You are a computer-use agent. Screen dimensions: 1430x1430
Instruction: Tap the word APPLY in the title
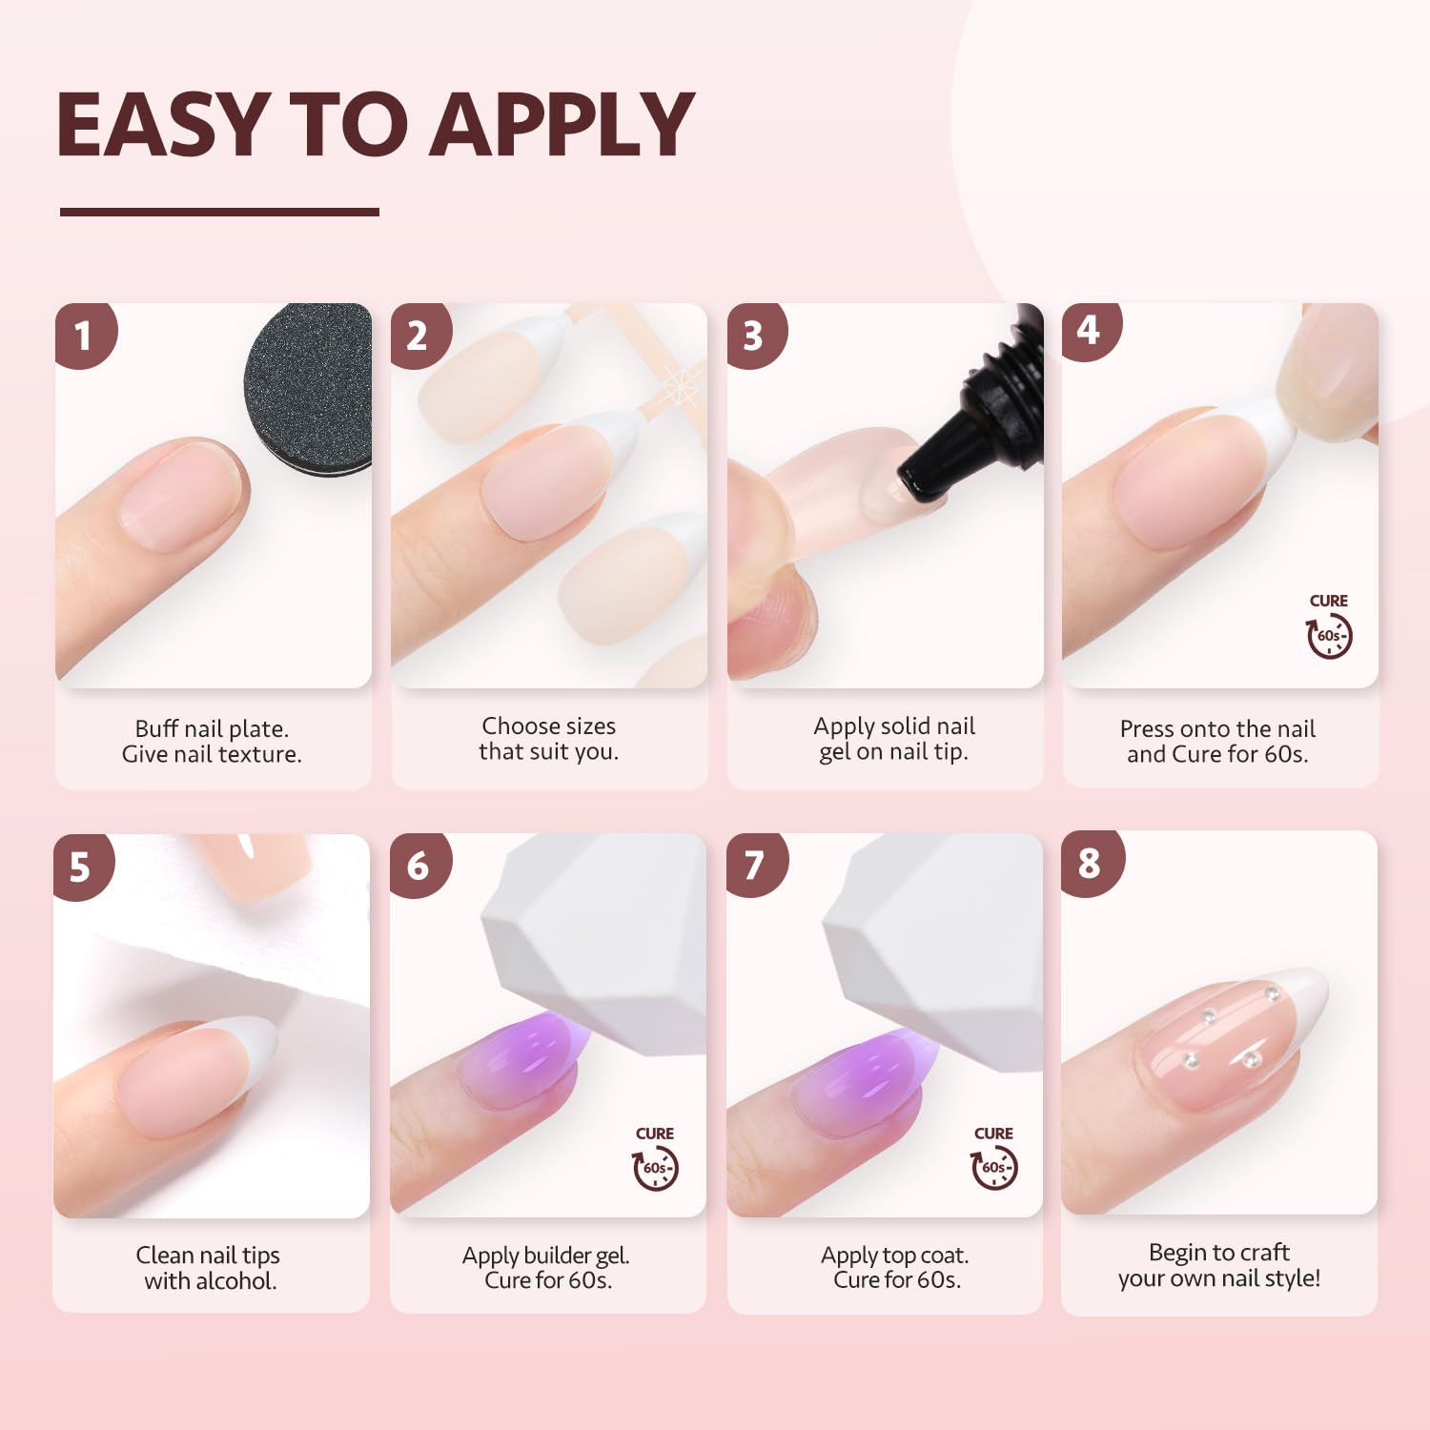pos(562,124)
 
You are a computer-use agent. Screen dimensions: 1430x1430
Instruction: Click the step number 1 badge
pos(84,335)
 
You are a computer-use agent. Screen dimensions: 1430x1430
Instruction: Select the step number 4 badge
pos(1089,330)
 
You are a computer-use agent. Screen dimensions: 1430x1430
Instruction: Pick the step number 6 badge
pos(418,865)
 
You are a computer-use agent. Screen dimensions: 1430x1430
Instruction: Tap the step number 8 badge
pos(1090,864)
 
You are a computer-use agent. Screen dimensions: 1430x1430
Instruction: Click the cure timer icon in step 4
pos(1329,635)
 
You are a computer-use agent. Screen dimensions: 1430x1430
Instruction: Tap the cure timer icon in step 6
pos(655,1168)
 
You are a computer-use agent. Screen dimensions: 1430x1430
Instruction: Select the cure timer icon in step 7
pos(993,1168)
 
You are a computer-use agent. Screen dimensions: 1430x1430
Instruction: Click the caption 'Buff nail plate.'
pos(212,728)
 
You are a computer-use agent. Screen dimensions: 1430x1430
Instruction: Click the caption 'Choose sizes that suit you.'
pos(549,739)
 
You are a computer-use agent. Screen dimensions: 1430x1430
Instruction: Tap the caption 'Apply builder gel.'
pos(546,1255)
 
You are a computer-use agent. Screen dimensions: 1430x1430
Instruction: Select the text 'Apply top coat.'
pos(894,1255)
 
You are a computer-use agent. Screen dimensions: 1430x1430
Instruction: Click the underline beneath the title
pos(219,212)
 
